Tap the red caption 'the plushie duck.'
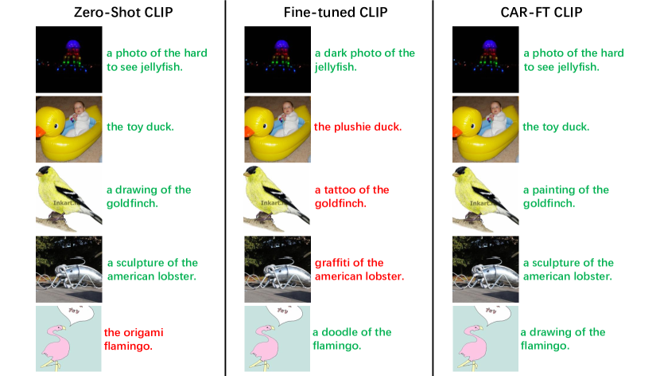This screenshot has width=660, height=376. [x=358, y=127]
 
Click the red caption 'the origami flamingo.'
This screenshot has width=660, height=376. [x=138, y=339]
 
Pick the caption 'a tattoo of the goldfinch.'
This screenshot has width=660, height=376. [x=352, y=197]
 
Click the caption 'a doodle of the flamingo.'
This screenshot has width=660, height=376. [x=352, y=339]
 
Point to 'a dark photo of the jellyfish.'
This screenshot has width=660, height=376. [x=365, y=60]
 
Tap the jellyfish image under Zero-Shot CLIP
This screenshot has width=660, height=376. [x=69, y=59]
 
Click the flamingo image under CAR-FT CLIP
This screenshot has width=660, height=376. [x=485, y=339]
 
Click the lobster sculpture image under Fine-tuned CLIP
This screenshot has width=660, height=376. [x=277, y=268]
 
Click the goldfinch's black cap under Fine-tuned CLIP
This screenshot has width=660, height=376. [x=255, y=170]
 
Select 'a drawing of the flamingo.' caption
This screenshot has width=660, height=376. [x=563, y=339]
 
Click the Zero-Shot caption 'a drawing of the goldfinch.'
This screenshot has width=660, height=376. [x=149, y=197]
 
